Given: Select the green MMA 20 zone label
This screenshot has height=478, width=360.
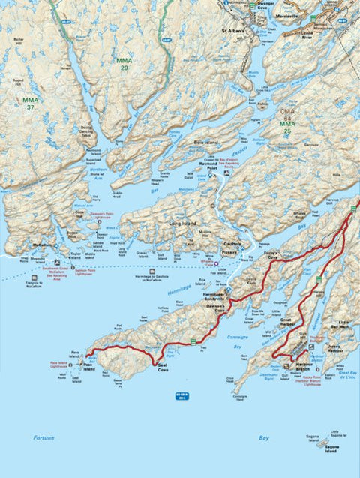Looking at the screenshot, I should pos(124,63).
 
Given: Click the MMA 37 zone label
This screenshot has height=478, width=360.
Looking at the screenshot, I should pos(30,103).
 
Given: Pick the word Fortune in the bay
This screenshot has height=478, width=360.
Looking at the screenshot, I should pos(44,437).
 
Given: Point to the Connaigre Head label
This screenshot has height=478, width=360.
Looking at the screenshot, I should pos(240,395).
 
